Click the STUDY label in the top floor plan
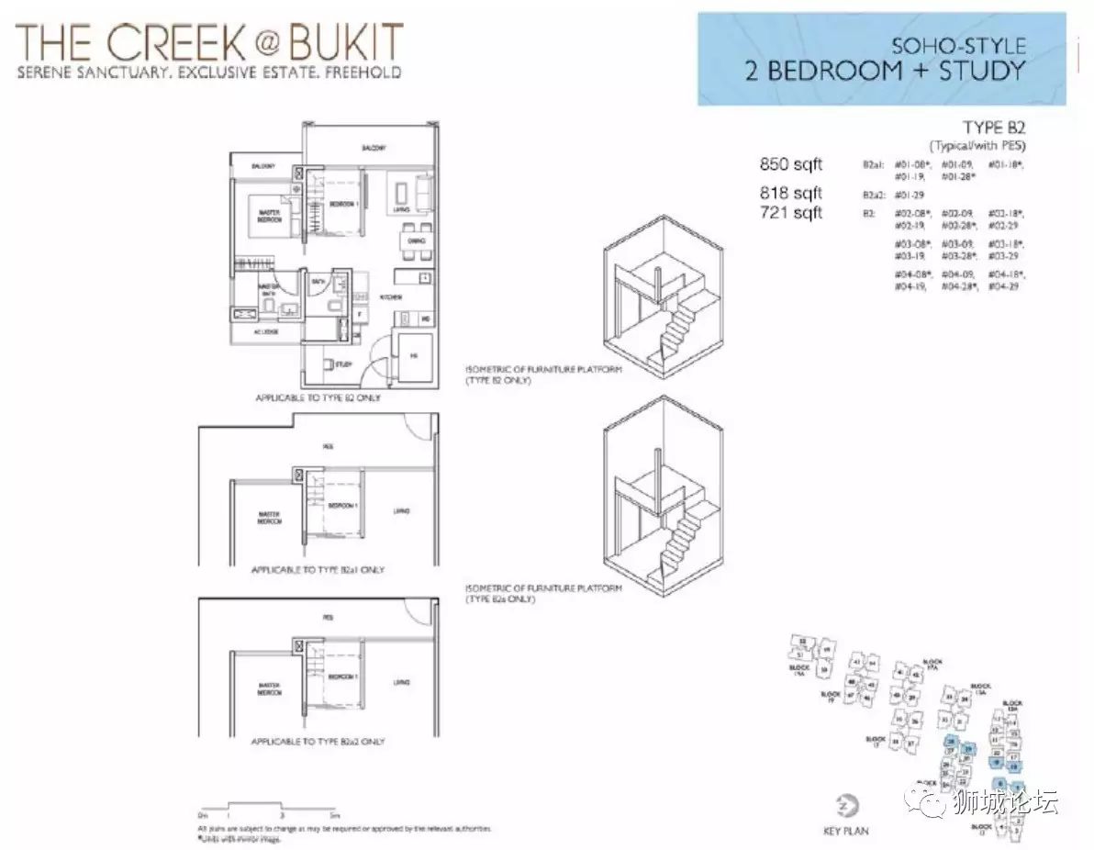(x=343, y=364)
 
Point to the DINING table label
(x=416, y=240)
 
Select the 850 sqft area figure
(x=791, y=164)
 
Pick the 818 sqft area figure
(x=791, y=193)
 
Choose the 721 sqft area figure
(x=791, y=213)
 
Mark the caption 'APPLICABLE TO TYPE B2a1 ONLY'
(x=318, y=570)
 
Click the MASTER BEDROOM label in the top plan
(x=269, y=218)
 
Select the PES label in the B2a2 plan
(x=328, y=618)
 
